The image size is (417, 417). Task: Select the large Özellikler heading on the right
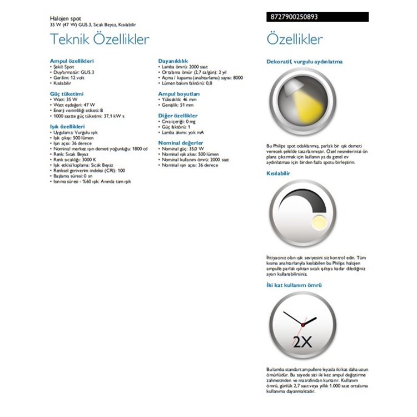[295, 40]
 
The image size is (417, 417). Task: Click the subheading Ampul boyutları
[178, 94]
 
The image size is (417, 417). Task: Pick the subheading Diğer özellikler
[178, 115]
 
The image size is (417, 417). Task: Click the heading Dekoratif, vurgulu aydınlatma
[305, 62]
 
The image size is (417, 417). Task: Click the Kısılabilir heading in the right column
[280, 173]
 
